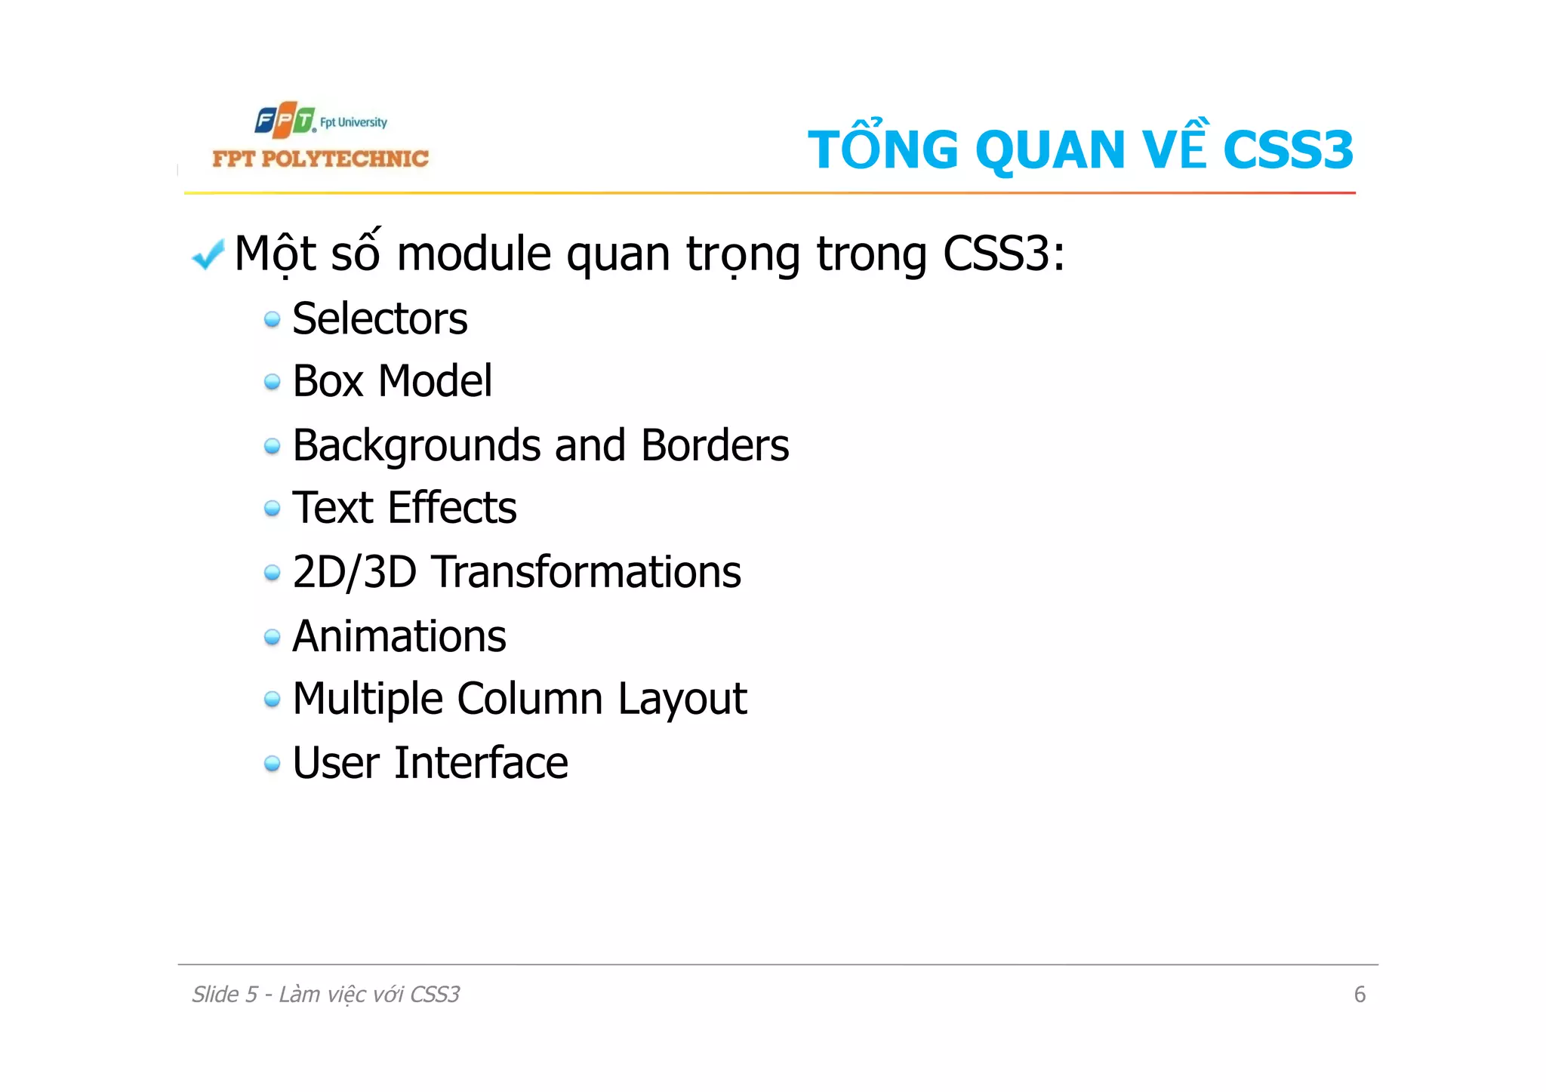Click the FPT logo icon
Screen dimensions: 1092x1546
284,120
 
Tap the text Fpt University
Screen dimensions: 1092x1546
353,122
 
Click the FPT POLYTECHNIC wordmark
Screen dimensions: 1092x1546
320,158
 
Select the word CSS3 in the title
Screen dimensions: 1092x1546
1288,149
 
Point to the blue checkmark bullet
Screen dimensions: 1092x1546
208,254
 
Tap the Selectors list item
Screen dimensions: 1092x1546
380,318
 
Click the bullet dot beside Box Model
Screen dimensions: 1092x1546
273,383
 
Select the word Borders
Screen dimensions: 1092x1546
714,445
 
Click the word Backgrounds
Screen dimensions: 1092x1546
417,445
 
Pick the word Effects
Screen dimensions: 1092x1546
451,507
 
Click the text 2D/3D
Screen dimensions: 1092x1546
354,572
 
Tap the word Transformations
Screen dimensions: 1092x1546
586,572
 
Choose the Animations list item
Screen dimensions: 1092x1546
399,636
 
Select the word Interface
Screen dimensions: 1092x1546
481,763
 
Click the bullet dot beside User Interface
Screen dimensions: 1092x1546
273,764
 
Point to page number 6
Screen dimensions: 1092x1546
1360,995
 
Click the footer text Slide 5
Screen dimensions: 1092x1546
224,995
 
